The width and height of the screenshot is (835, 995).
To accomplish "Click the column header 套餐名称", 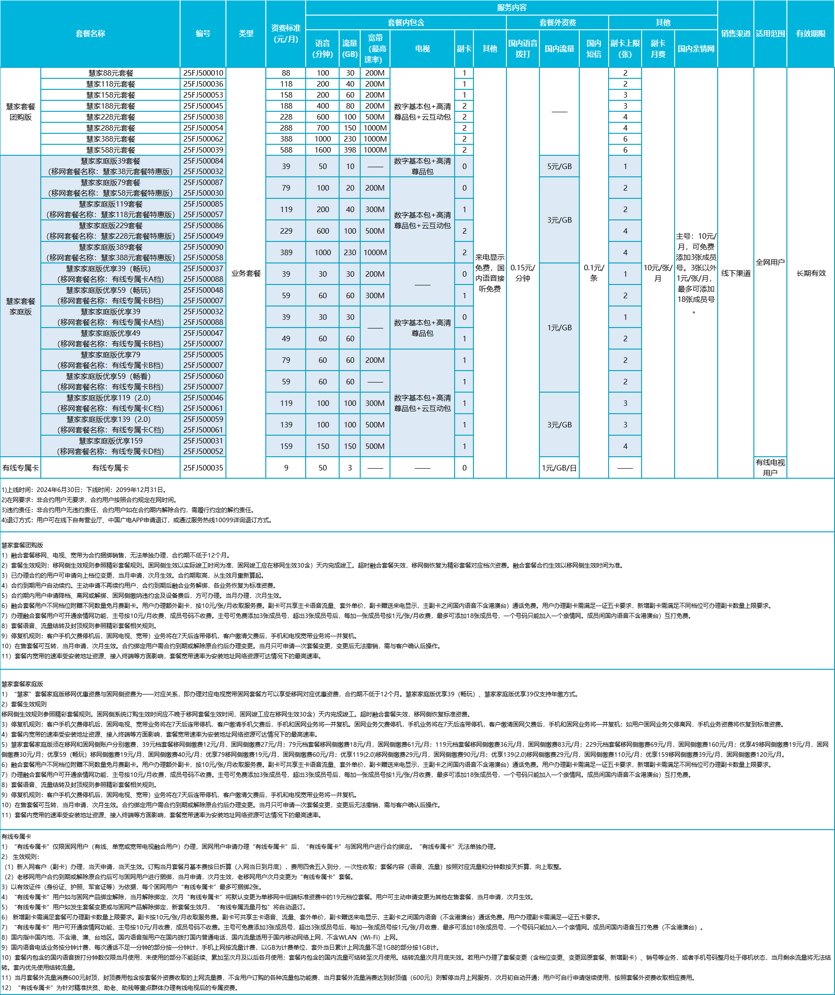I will (x=90, y=33).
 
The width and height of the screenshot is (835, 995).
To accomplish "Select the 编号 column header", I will (x=203, y=33).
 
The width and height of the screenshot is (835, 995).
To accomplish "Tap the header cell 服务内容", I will (x=511, y=8).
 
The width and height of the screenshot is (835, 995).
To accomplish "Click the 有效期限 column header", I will (x=810, y=33).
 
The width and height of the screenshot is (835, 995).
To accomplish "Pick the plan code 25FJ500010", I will (x=203, y=73).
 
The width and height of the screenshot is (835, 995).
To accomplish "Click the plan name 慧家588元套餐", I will (x=110, y=150).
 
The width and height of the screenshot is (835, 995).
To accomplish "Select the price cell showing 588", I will (x=286, y=150).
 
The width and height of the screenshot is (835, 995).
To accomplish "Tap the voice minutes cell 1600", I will (x=322, y=150).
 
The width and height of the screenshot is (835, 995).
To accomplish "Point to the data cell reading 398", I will (x=350, y=150).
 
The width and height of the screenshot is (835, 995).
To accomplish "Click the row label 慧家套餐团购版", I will (x=20, y=112).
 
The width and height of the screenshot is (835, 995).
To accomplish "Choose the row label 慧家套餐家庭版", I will (x=20, y=306).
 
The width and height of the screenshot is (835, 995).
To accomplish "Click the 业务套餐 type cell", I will (x=246, y=273).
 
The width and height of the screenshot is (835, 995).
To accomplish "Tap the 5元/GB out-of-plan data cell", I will (x=559, y=166).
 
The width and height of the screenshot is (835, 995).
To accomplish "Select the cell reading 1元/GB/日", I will (x=559, y=468).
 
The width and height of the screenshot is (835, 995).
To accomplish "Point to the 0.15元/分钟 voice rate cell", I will (x=523, y=273).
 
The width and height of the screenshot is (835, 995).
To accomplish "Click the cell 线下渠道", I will (x=736, y=273).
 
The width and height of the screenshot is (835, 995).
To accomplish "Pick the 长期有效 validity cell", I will (x=810, y=273).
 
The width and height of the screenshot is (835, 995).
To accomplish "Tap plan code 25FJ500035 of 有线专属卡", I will (x=203, y=468).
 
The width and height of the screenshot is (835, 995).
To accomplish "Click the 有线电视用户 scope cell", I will (x=770, y=468).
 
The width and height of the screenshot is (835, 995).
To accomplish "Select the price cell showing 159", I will (x=286, y=446).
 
